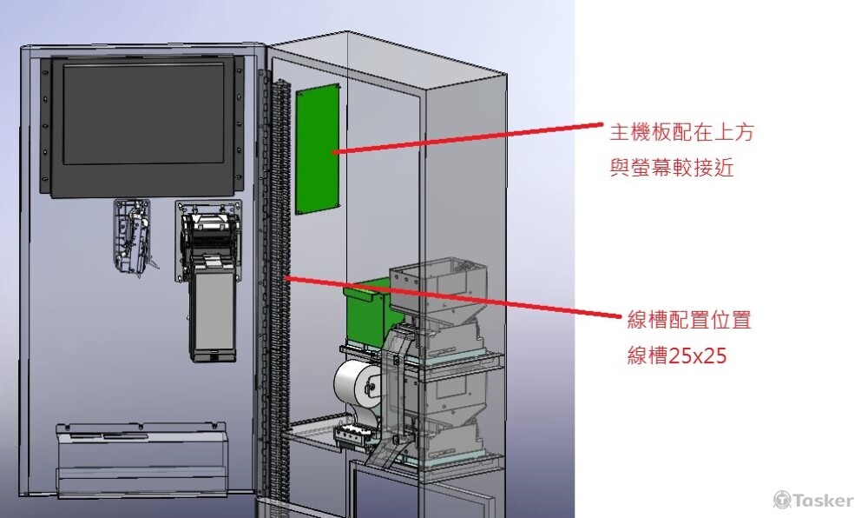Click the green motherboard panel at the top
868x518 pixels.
[318, 149]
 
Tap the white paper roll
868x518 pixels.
[356, 384]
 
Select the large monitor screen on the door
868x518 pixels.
[143, 114]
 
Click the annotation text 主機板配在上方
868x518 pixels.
[681, 132]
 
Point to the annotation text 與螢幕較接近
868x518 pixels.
[672, 167]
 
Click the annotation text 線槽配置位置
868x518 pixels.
[689, 320]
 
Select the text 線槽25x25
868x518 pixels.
[676, 355]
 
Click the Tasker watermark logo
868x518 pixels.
[812, 500]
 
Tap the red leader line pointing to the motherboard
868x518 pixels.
[468, 138]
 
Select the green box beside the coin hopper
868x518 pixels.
[366, 313]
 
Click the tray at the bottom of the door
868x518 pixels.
[141, 459]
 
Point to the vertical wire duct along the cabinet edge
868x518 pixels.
[279, 288]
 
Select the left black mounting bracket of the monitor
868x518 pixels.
[45, 126]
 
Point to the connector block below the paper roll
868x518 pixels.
[352, 435]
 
